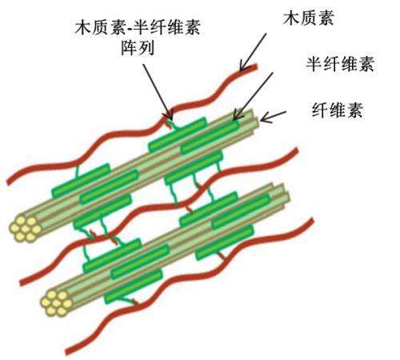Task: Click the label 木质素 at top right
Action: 308,18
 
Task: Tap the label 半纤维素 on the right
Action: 340,64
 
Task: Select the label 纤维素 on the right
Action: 338,110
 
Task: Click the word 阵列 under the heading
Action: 138,48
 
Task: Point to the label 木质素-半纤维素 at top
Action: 138,27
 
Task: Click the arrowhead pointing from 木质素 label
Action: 242,67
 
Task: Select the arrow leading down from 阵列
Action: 158,91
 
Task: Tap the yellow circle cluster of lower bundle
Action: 57,303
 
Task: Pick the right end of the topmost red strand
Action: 256,66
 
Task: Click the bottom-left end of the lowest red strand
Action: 67,353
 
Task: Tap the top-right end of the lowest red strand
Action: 313,220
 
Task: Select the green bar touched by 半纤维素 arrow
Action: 210,137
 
